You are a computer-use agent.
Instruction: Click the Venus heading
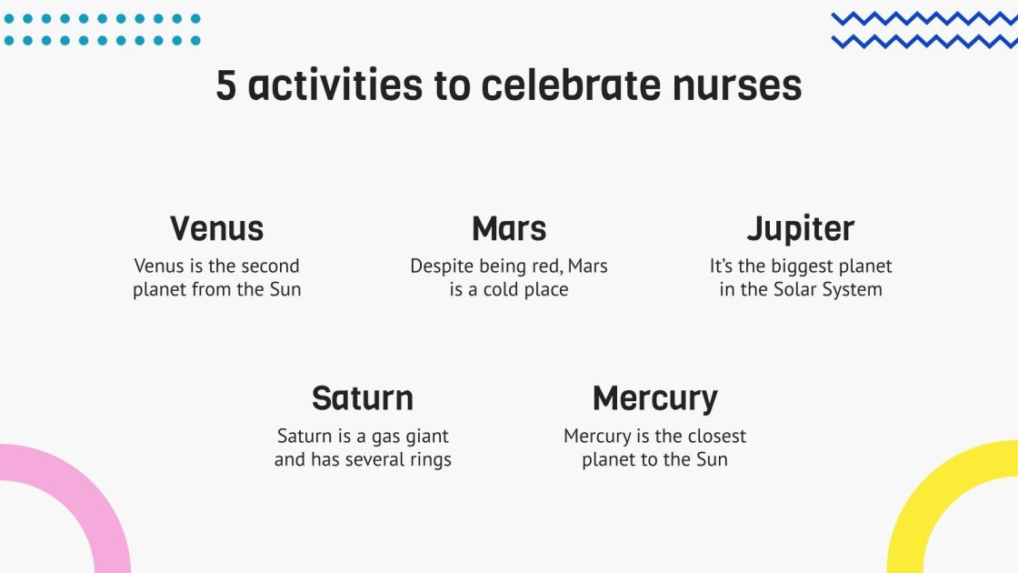(x=216, y=229)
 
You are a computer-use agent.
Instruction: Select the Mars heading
(x=509, y=229)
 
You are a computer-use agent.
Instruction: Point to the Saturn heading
(x=363, y=398)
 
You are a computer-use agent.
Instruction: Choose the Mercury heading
(x=654, y=399)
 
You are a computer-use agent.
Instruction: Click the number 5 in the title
(x=225, y=86)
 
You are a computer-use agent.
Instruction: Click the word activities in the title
(x=335, y=86)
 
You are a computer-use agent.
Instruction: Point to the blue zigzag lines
(x=923, y=30)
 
